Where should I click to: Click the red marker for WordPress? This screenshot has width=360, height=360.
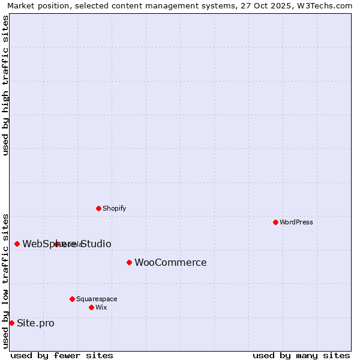click(275, 222)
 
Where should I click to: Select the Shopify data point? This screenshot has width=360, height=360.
click(98, 208)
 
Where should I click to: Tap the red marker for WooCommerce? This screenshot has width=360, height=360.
click(129, 262)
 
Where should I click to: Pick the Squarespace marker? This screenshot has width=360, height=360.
click(72, 299)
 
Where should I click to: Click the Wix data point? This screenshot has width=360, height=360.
click(91, 307)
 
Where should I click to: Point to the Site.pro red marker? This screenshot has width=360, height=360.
click(11, 323)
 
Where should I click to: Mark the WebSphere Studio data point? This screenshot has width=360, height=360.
click(17, 244)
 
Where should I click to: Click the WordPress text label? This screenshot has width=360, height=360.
click(296, 222)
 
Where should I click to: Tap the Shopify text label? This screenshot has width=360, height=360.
click(114, 208)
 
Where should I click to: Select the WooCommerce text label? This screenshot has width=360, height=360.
click(170, 262)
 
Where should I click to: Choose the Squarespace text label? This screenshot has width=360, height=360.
click(97, 299)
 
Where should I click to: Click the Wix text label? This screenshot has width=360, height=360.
click(101, 307)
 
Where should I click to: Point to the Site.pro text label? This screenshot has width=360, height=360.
click(35, 323)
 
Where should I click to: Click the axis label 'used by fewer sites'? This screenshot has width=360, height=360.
click(62, 355)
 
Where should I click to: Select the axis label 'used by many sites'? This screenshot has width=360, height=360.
click(301, 355)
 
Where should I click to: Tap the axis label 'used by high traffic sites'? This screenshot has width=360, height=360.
click(5, 85)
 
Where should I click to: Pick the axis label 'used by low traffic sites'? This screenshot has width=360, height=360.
click(5, 280)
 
